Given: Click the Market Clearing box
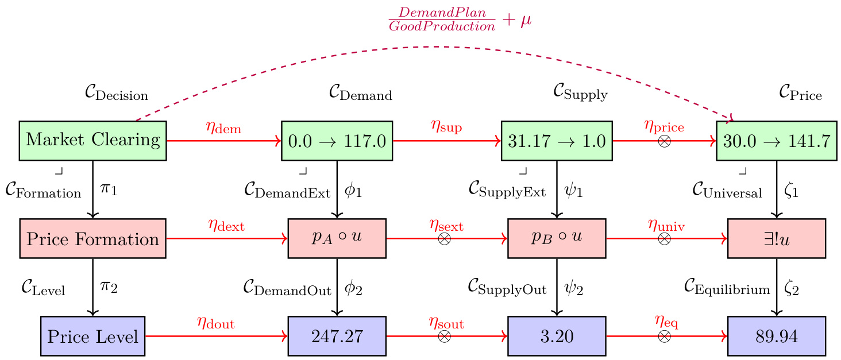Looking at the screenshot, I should [92, 140].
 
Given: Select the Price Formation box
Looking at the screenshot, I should [92, 238].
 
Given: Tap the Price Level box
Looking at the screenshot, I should [92, 336].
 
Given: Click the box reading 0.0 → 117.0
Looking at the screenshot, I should [337, 140].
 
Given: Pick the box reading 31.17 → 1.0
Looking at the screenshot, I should [557, 140].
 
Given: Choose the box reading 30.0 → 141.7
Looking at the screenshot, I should [777, 140].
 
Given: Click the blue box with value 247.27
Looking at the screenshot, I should [337, 336].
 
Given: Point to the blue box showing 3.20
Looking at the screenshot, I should [557, 336].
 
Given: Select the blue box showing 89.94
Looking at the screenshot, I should [777, 336].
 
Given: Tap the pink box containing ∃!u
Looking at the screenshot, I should [777, 238].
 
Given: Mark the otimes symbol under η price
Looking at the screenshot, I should [664, 141].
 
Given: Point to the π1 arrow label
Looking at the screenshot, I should [109, 188].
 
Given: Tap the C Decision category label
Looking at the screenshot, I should [116, 94].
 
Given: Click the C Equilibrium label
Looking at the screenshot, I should [727, 288].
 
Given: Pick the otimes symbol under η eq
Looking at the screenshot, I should [664, 336].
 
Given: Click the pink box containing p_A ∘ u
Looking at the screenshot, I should [337, 238].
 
